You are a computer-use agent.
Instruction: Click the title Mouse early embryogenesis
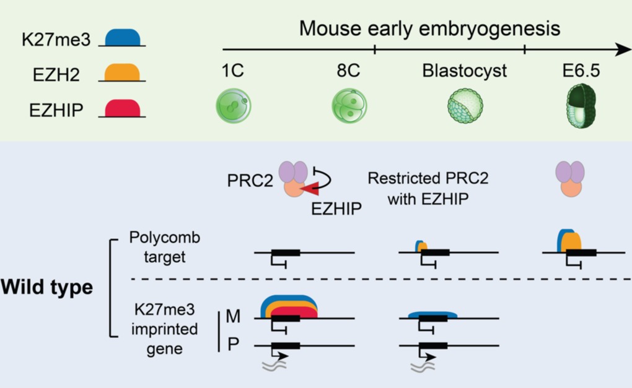pyautogui.click(x=430, y=28)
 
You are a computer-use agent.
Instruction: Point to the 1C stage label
pyautogui.click(x=233, y=71)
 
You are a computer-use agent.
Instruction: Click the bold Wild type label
pyautogui.click(x=46, y=288)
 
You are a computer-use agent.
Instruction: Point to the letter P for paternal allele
pyautogui.click(x=233, y=345)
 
